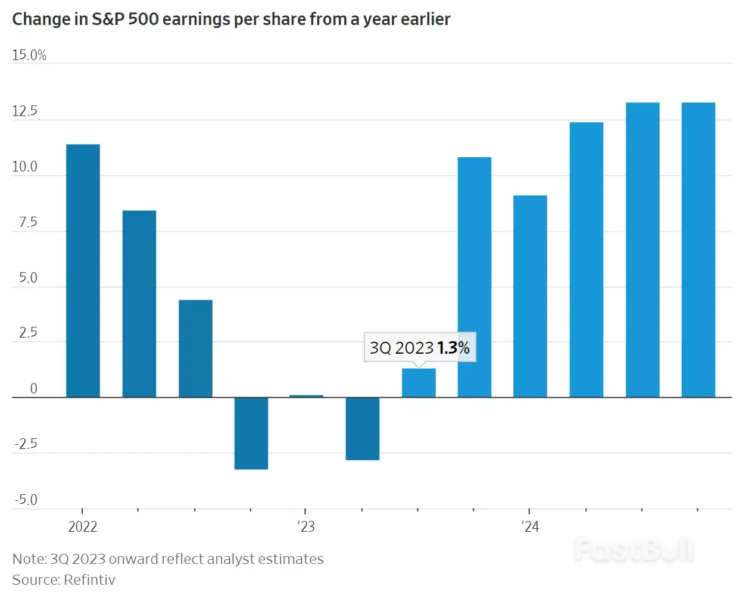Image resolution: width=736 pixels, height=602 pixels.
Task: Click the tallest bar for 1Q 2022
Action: (83, 270)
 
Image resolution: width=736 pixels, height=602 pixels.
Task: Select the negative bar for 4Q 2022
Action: (251, 433)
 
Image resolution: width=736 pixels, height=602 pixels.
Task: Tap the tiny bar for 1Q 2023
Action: (306, 396)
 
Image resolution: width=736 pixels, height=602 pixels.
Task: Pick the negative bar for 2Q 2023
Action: (363, 428)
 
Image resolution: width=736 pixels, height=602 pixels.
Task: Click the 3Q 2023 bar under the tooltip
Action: (419, 383)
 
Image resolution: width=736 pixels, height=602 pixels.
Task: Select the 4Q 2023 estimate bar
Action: (475, 277)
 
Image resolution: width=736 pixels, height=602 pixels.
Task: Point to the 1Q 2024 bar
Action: (530, 296)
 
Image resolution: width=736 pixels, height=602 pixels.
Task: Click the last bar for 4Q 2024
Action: (698, 249)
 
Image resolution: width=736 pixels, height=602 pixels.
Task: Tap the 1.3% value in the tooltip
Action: (453, 348)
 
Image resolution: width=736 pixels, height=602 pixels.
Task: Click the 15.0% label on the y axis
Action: (29, 55)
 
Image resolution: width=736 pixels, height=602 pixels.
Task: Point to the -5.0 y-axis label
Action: (26, 500)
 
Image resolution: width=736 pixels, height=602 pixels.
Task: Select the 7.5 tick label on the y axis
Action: (27, 223)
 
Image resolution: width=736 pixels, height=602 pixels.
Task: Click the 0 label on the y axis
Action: (33, 389)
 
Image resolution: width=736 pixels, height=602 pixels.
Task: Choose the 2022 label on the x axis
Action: (83, 527)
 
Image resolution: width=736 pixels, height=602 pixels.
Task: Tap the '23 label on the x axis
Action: (306, 527)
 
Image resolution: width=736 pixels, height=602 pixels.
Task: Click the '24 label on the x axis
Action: (530, 527)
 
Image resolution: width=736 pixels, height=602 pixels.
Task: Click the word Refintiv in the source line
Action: (89, 580)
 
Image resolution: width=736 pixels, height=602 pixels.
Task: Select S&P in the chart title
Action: (108, 20)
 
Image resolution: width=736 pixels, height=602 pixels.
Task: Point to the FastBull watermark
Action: (634, 550)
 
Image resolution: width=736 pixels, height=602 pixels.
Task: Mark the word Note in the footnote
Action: (28, 559)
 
